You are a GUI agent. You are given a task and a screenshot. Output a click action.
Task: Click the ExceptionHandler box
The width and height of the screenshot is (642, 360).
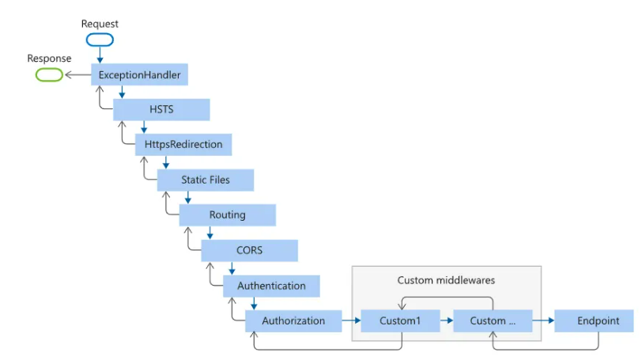pos(139,74)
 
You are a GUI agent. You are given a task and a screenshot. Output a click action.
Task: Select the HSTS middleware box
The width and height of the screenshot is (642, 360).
pos(161,109)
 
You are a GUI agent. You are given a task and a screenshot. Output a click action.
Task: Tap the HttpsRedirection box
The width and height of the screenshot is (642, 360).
pos(183,145)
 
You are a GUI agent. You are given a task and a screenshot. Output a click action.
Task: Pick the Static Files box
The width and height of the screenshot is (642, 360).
pos(206,180)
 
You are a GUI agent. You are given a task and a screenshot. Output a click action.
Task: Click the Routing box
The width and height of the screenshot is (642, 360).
pos(228,215)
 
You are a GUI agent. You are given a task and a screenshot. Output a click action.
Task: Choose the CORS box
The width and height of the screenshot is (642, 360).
pos(249,250)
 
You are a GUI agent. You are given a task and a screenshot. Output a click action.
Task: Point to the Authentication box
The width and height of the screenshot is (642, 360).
pos(271,286)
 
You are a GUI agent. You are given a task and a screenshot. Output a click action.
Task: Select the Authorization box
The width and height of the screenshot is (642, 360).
pos(293,320)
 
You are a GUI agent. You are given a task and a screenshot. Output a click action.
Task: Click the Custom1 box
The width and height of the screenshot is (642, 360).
pos(400,320)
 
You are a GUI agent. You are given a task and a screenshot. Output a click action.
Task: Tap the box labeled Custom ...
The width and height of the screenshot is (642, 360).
pos(493,320)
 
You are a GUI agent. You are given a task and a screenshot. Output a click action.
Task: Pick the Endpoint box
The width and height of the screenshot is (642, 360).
pos(594,320)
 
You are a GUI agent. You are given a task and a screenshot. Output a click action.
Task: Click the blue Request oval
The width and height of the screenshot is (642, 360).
pos(100,40)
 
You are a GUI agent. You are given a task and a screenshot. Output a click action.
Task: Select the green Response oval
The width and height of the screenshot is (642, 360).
pos(49,75)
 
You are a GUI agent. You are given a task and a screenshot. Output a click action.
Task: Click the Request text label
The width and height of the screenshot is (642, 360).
pos(100,24)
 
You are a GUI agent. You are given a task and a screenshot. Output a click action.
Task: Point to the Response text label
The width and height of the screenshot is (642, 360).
pos(49,59)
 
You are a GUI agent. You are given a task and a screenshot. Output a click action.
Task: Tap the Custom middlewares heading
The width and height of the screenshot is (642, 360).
pos(446,280)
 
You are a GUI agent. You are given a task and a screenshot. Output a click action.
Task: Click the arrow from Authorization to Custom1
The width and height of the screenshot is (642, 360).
pos(351,320)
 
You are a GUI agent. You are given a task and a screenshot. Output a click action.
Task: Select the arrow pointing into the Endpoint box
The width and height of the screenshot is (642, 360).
pos(543,320)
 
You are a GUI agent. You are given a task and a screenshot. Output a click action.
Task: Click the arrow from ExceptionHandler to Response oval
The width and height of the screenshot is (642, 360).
pos(78,74)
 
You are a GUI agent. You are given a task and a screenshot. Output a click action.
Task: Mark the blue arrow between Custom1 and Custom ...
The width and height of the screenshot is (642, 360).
pos(447,320)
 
